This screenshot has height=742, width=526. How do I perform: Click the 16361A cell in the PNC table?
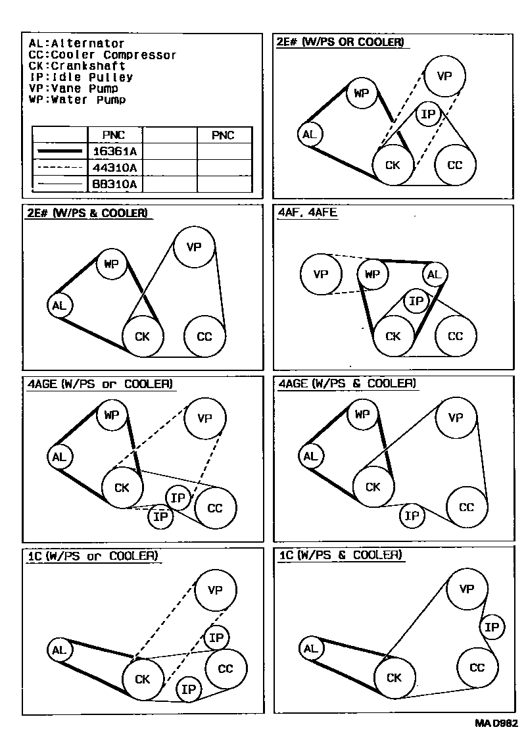pos(114,151)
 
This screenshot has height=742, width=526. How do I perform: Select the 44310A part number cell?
pos(114,168)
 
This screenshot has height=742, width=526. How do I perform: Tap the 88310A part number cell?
pos(114,184)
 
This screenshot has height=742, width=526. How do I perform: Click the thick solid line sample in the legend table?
pos(60,151)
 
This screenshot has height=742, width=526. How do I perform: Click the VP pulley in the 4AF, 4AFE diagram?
pos(320,274)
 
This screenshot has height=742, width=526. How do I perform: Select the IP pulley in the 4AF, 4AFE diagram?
pos(416,302)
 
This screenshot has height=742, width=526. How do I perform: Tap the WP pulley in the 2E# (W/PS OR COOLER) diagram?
pos(361,93)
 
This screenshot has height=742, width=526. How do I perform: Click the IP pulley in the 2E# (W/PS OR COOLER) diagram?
pos(428,115)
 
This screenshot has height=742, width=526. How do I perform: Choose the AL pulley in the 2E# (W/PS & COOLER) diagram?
pos(60,305)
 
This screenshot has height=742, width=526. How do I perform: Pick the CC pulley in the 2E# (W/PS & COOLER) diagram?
pos(204,337)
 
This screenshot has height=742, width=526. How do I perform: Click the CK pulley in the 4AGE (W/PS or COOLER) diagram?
pos(122,487)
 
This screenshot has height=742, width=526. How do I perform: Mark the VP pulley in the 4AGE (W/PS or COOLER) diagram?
pos(205,418)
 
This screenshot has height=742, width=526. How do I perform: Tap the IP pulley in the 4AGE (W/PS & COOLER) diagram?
pos(412,516)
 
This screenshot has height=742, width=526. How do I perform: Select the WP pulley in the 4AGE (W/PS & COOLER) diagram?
pos(362,414)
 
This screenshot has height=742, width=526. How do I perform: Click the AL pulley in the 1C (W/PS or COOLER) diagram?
pos(59,651)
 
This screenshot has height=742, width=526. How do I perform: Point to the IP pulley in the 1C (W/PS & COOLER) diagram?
pos(492,628)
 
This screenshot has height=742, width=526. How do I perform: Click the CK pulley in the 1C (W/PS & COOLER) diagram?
pos(394,678)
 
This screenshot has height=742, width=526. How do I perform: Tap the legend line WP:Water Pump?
pos(78,100)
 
